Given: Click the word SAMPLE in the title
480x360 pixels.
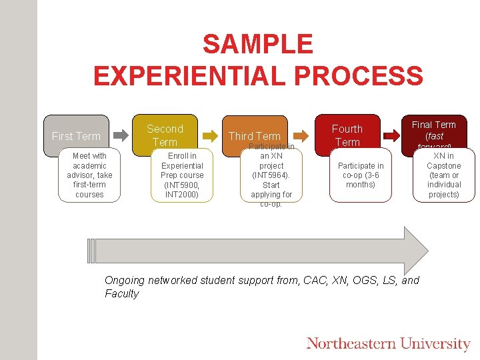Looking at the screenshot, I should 257,45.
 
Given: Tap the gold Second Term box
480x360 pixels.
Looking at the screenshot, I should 165,135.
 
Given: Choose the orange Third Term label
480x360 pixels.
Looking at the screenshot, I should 254,136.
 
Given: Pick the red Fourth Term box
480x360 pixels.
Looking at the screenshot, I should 347,135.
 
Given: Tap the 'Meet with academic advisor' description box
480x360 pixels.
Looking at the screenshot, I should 89,175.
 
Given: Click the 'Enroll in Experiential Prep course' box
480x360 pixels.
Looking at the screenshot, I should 182,175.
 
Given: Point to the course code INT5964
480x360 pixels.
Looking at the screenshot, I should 271,175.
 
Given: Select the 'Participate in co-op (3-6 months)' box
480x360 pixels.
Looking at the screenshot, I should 361,175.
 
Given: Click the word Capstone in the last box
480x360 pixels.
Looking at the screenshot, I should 443,165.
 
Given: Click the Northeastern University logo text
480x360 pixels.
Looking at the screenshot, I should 388,344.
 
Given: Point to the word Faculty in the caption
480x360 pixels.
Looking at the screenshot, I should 122,294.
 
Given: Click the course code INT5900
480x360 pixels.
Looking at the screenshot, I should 182,185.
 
